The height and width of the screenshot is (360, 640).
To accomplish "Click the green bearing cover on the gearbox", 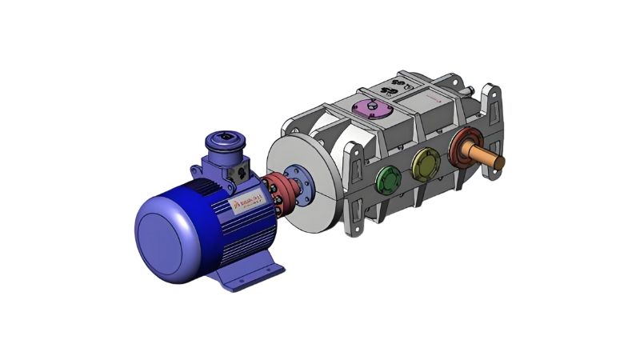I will click(x=388, y=180).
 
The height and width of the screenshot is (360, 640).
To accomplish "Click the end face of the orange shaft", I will click(x=502, y=162).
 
